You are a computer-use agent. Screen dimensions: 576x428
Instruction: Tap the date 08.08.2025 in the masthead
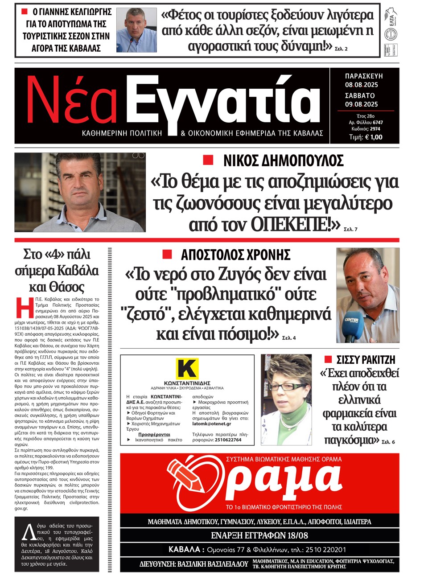click(x=361, y=85)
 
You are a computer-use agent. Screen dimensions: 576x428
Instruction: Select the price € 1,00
click(x=374, y=137)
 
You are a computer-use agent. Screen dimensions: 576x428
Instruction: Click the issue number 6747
click(x=378, y=122)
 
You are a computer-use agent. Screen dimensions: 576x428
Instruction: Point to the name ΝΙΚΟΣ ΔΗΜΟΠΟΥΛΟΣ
click(x=283, y=160)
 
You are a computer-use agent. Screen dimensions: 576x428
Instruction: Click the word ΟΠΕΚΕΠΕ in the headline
click(x=290, y=224)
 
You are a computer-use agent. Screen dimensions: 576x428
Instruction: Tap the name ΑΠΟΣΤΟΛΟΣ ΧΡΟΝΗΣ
click(x=235, y=255)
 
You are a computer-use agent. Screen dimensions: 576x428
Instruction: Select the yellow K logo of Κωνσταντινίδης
click(x=187, y=369)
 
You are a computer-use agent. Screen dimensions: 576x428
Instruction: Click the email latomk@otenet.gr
click(x=212, y=424)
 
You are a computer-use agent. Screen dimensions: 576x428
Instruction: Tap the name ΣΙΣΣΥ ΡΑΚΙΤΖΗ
click(x=366, y=360)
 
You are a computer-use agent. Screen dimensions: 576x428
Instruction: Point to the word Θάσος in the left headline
click(x=67, y=287)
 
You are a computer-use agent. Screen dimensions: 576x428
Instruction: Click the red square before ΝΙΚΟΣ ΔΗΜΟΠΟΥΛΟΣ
click(x=208, y=160)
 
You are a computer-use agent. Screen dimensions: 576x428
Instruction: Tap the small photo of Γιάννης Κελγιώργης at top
click(x=136, y=30)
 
